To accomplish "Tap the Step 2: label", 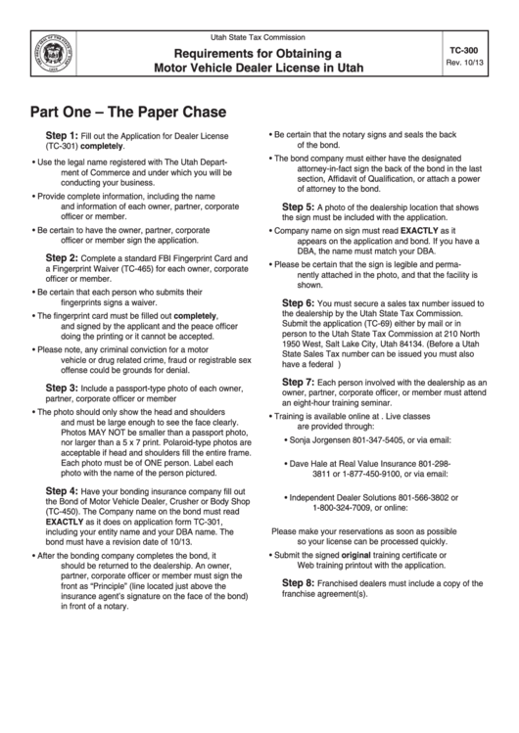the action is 62,256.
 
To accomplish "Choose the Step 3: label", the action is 62,388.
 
